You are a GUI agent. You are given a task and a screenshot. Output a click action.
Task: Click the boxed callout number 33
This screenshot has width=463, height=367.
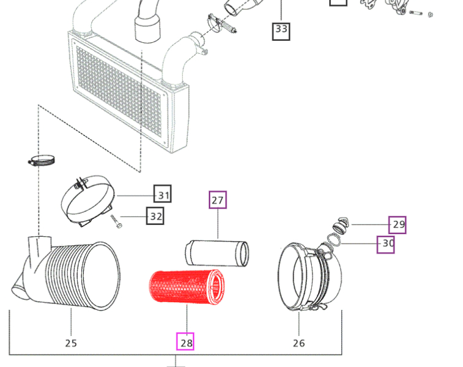pyautogui.click(x=281, y=29)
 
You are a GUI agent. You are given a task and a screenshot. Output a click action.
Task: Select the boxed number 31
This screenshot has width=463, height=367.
pyautogui.click(x=163, y=195)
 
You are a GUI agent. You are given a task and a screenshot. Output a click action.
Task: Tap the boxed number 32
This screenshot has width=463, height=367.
pyautogui.click(x=156, y=216)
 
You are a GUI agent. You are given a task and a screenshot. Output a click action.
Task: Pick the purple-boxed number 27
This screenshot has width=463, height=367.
pyautogui.click(x=218, y=200)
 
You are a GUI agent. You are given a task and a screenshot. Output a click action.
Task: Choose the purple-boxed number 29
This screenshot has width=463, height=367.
pyautogui.click(x=398, y=224)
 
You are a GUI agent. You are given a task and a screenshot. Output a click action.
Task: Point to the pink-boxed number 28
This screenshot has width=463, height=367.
pyautogui.click(x=186, y=342)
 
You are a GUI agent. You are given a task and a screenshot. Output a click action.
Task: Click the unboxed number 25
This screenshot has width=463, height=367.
pyautogui.click(x=71, y=343)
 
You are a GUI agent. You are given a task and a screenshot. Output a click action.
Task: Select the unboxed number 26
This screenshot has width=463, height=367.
pyautogui.click(x=298, y=343)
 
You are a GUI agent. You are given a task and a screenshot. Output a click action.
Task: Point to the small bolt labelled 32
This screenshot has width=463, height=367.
pyautogui.click(x=116, y=221)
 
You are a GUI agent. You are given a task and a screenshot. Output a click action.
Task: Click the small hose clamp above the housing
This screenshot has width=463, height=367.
pyautogui.click(x=42, y=161)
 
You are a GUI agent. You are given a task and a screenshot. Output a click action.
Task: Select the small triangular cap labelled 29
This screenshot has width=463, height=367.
pyautogui.click(x=341, y=223)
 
